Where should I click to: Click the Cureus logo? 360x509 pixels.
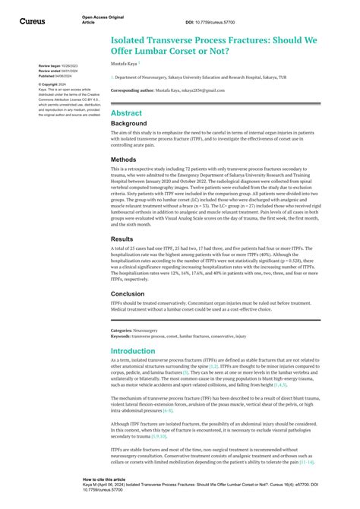(x=33, y=21)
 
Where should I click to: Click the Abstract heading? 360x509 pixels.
(x=127, y=112)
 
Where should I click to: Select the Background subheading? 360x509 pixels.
(x=128, y=123)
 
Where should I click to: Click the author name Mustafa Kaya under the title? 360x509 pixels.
(x=125, y=64)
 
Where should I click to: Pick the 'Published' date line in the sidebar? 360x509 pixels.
(x=58, y=77)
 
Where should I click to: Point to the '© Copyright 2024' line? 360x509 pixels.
(x=54, y=84)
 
